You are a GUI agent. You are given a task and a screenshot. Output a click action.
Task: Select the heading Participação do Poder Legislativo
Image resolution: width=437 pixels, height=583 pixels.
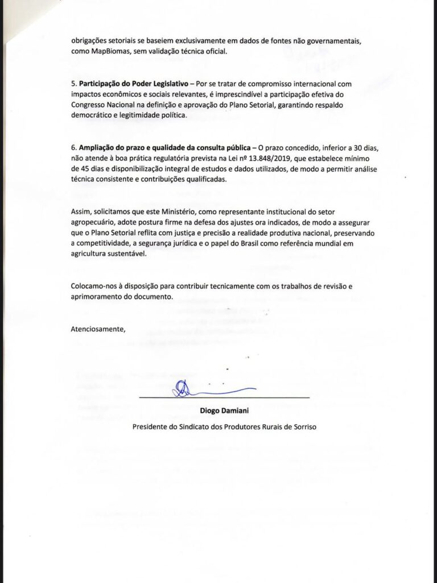[x=123, y=84]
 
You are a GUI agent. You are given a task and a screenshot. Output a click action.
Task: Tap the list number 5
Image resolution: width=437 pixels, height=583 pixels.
[x=73, y=84]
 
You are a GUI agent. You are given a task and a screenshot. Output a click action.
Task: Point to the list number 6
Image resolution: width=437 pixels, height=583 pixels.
[x=73, y=148]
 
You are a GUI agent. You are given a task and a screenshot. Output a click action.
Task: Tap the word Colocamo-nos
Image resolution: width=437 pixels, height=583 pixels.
[x=94, y=286]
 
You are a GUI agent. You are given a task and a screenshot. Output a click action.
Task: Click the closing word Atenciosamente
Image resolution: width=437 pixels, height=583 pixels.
[x=97, y=329]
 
